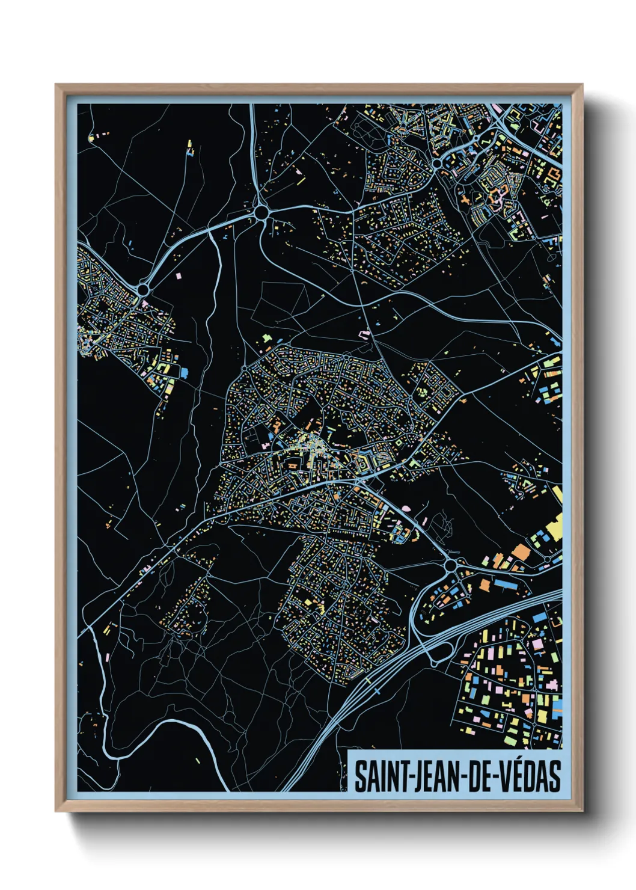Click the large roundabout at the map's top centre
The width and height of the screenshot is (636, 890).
pos(261,212)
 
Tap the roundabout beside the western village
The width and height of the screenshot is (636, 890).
pos(143,290)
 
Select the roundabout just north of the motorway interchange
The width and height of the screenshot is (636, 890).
pos(451,565)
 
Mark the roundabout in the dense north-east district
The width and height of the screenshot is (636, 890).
pos(437,163)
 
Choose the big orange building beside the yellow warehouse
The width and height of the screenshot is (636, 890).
pos(521,552)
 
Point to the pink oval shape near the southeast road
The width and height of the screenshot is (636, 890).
pos(406,508)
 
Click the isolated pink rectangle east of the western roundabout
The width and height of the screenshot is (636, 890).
pos(179,275)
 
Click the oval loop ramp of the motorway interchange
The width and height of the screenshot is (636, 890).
pos(438,651)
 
